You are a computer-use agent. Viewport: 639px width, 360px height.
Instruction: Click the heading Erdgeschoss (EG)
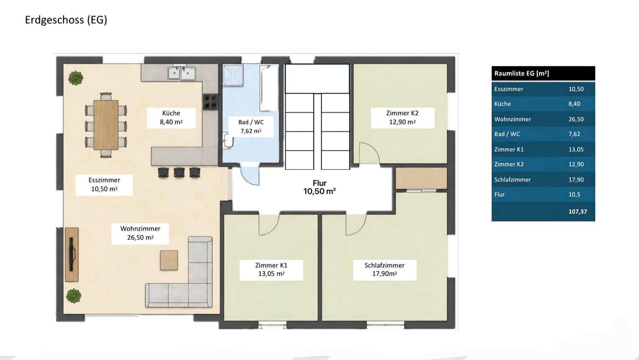pyautogui.click(x=66, y=20)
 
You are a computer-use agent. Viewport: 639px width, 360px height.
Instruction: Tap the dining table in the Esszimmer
pyautogui.click(x=106, y=125)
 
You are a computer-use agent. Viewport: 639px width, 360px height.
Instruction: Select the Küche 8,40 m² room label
pyautogui.click(x=171, y=118)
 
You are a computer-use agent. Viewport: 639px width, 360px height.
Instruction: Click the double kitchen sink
pyautogui.click(x=182, y=73)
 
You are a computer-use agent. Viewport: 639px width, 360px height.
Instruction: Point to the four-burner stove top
pyautogui.click(x=210, y=102)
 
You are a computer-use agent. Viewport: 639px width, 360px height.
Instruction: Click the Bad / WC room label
pyautogui.click(x=251, y=127)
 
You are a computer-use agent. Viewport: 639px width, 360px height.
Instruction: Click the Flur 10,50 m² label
pyautogui.click(x=319, y=187)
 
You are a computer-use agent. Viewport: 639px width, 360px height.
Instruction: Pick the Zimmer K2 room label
pyautogui.click(x=402, y=118)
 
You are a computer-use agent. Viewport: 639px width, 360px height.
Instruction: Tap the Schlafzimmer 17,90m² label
pyautogui.click(x=384, y=269)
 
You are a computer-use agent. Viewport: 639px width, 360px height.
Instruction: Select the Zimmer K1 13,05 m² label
pyautogui.click(x=271, y=269)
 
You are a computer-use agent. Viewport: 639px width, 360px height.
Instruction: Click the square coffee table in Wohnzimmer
pyautogui.click(x=169, y=260)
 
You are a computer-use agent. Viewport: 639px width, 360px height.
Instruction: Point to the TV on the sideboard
pyautogui.click(x=72, y=254)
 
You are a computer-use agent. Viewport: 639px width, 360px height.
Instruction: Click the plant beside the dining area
pyautogui.click(x=76, y=78)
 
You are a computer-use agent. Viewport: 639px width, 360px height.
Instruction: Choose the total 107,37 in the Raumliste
pyautogui.click(x=578, y=211)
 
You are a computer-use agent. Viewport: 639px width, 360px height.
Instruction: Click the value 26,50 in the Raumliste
pyautogui.click(x=576, y=119)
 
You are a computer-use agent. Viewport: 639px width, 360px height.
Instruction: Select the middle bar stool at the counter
pyautogui.click(x=179, y=172)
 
